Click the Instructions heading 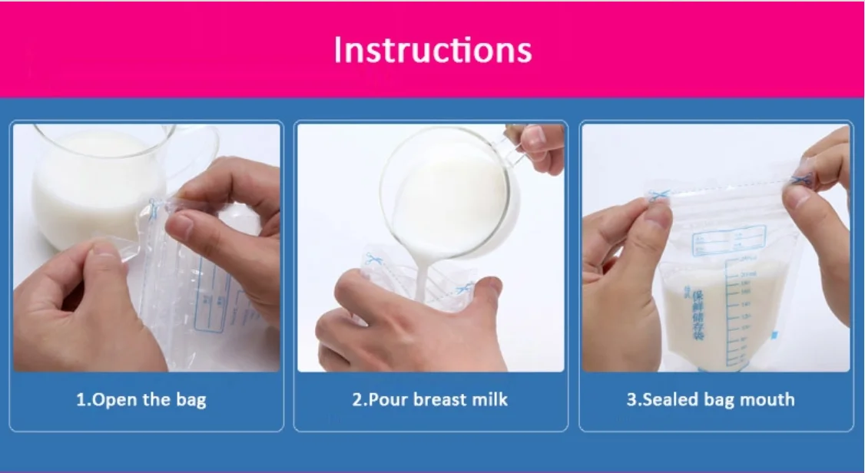tap(432, 50)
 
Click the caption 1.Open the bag tap(141, 399)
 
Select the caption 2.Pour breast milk tap(430, 399)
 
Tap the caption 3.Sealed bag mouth tap(710, 399)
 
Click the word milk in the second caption tap(489, 399)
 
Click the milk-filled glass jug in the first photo tap(96, 184)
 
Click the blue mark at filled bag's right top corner tap(801, 181)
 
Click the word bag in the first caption tap(191, 400)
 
